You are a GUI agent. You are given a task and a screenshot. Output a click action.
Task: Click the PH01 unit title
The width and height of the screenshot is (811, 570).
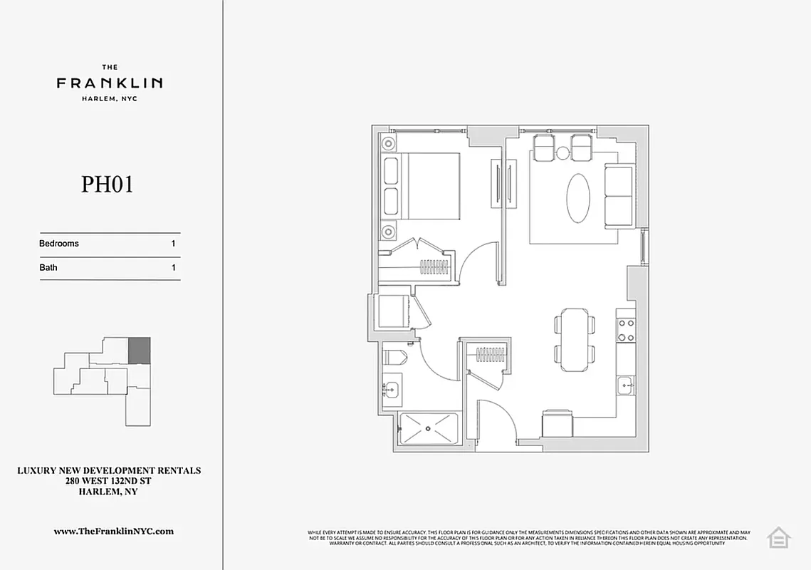click(108, 185)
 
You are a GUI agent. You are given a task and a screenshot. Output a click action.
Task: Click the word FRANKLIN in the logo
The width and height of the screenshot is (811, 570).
click(110, 83)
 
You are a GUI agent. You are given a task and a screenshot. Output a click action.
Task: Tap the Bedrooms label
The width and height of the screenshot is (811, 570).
click(59, 244)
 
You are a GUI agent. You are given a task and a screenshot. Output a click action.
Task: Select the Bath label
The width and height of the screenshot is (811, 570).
click(48, 268)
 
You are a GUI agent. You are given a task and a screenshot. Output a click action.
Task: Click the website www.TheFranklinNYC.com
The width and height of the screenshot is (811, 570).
click(114, 531)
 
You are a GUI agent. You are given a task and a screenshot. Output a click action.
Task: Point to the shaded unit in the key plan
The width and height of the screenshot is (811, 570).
click(140, 350)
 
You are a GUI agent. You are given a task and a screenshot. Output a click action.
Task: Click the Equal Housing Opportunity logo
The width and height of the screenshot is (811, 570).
click(778, 537)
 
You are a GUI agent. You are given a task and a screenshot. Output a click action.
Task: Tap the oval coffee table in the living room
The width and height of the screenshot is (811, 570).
click(578, 198)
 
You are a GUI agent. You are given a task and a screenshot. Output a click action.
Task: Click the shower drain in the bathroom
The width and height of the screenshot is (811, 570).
click(429, 429)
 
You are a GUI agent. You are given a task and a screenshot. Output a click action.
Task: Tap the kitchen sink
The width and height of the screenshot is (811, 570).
click(626, 387)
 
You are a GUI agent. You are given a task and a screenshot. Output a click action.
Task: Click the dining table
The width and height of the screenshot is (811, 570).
click(575, 340)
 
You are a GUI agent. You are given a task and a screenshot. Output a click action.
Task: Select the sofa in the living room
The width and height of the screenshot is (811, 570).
click(619, 196)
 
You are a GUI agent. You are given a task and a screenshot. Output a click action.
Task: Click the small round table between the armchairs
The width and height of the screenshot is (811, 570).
click(563, 152)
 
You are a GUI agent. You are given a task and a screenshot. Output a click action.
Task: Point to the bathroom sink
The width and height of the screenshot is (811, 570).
click(391, 390)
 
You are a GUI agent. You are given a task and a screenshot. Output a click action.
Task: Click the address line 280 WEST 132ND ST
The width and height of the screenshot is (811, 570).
click(109, 481)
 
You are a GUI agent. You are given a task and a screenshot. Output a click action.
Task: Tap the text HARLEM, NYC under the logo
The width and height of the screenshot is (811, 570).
click(110, 99)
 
